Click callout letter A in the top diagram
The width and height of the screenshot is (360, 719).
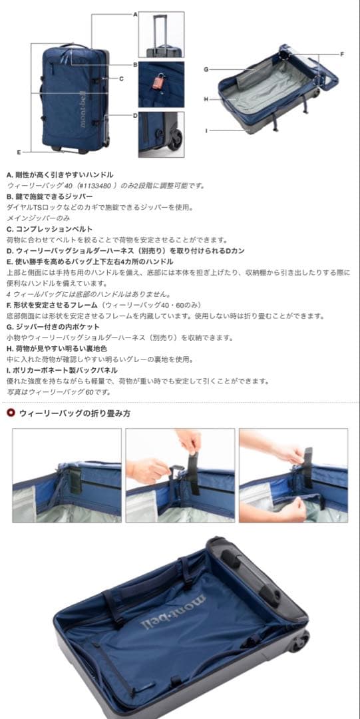coord(135,13)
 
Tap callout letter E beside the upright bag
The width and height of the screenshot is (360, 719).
coord(19,152)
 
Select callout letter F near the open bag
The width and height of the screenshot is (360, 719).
coord(342,54)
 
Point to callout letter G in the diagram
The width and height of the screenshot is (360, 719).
coord(206,69)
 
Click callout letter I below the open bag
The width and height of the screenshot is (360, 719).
coord(206,130)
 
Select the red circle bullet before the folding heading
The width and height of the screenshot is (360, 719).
coord(11,413)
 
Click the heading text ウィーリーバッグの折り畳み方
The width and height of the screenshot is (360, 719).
coord(75,413)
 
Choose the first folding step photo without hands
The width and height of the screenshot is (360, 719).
coord(67,475)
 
